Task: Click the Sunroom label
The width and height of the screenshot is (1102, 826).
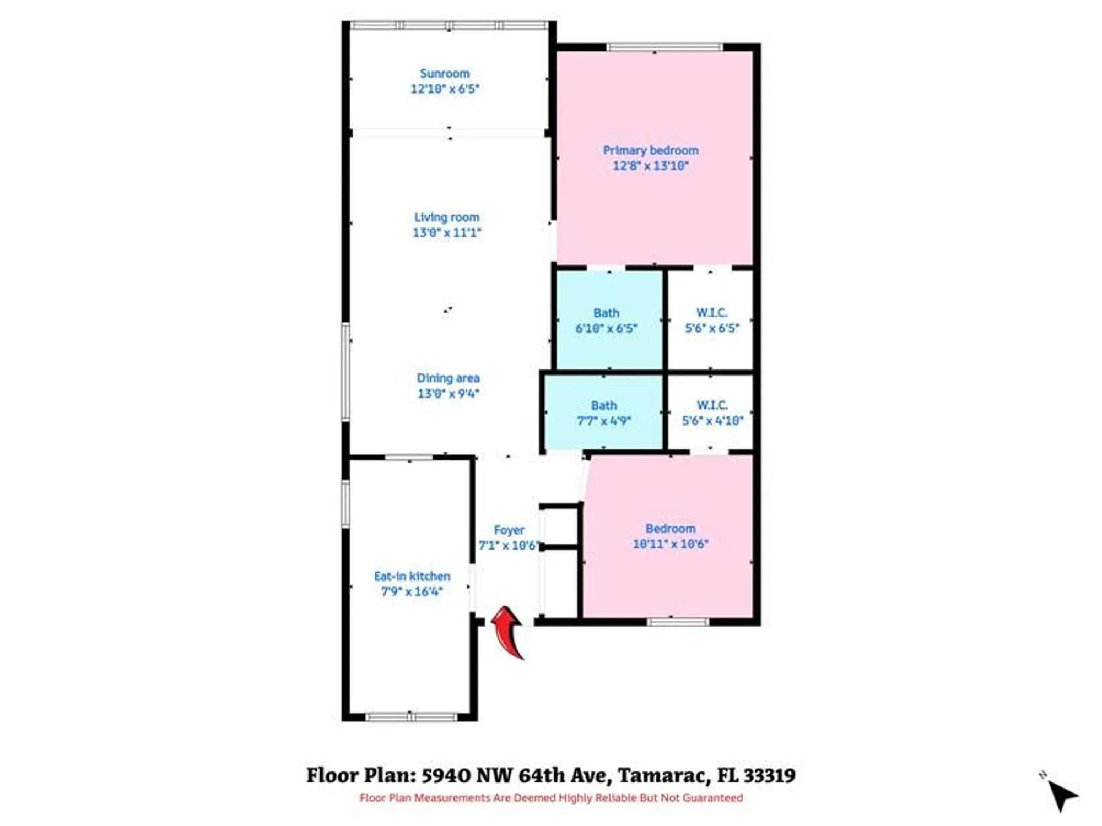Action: click(x=445, y=74)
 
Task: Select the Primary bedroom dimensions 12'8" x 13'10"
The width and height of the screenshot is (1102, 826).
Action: click(x=651, y=166)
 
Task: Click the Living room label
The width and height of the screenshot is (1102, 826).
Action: click(x=447, y=218)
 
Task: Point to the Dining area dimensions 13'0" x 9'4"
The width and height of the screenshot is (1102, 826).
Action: click(x=448, y=394)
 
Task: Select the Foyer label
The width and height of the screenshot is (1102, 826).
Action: click(x=509, y=530)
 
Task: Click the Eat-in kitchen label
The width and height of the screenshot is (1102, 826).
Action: click(x=412, y=577)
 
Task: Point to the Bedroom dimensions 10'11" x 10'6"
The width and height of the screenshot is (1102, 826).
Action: click(x=670, y=544)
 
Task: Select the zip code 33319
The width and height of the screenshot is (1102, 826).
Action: click(x=769, y=775)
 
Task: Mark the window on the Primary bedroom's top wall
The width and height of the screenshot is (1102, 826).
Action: click(x=665, y=47)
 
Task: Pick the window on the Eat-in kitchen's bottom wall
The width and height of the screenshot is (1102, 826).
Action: click(x=411, y=717)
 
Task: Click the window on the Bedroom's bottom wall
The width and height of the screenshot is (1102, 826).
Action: click(x=677, y=622)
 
